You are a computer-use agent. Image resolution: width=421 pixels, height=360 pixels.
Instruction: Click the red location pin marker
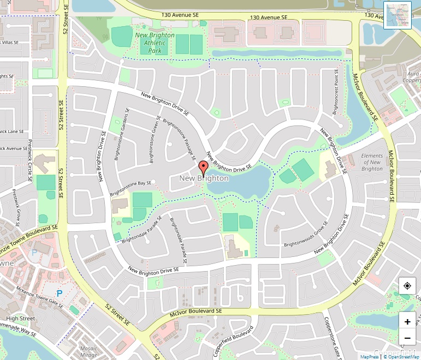204,167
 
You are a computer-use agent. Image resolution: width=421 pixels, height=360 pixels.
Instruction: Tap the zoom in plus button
407,322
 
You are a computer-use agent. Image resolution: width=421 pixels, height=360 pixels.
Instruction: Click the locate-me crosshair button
407,286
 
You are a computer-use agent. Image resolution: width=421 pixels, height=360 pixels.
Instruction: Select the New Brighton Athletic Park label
155,43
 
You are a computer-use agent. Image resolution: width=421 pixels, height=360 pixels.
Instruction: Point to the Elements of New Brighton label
372,163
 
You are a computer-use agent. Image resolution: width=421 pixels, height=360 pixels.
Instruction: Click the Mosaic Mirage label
88,351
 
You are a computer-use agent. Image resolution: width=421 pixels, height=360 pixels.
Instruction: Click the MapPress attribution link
369,357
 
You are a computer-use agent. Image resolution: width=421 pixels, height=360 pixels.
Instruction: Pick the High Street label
20,319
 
